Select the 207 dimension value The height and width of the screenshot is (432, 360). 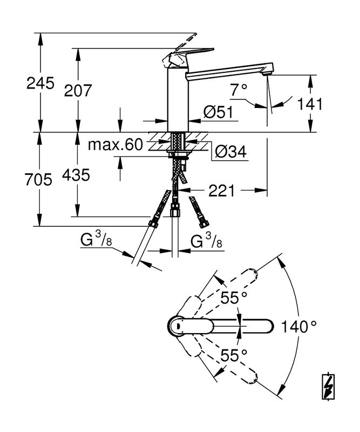click(78, 90)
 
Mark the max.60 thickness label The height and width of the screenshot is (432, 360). click(115, 145)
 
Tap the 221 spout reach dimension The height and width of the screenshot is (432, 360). click(221, 190)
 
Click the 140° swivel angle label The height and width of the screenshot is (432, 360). click(297, 326)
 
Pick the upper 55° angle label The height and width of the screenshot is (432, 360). click(233, 297)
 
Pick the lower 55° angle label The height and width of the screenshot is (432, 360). click(233, 355)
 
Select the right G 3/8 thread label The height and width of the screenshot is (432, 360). click(207, 242)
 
